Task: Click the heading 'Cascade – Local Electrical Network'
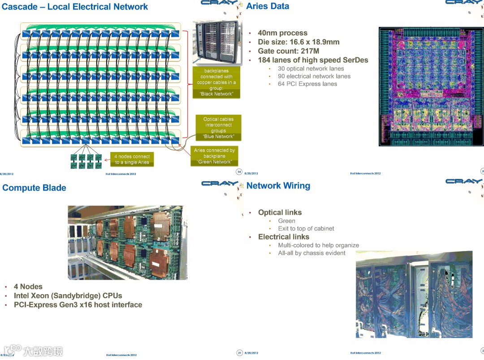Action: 75,7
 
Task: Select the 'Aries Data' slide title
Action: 268,6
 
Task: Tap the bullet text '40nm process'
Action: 282,33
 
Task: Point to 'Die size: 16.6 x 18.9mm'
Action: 298,42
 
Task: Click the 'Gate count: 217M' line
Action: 288,51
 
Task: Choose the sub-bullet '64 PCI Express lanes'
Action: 307,84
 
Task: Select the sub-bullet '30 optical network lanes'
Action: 311,69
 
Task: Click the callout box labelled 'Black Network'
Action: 216,82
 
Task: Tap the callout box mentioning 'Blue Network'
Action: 218,128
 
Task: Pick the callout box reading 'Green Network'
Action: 214,156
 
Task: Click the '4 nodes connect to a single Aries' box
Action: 132,159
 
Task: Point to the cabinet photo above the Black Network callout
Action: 216,43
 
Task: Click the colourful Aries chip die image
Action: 431,87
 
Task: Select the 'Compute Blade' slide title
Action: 34,188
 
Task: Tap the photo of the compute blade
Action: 127,243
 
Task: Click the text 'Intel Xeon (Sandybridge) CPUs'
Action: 68,296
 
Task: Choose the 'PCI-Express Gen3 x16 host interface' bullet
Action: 78,305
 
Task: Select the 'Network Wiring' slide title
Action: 278,186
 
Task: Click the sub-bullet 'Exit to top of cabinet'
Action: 306,229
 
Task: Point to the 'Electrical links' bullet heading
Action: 283,237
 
